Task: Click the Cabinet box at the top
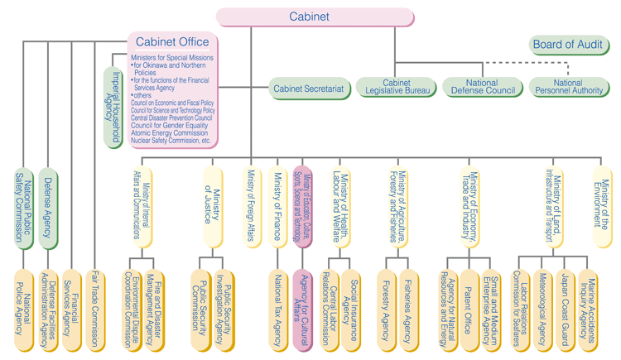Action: (x=309, y=17)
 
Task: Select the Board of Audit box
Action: (x=570, y=45)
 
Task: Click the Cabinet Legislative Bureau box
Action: (x=397, y=86)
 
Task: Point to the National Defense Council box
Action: (x=481, y=86)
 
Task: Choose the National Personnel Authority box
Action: (x=569, y=86)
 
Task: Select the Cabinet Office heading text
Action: (x=172, y=42)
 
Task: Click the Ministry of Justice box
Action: (x=214, y=203)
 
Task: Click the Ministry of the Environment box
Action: (x=603, y=203)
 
